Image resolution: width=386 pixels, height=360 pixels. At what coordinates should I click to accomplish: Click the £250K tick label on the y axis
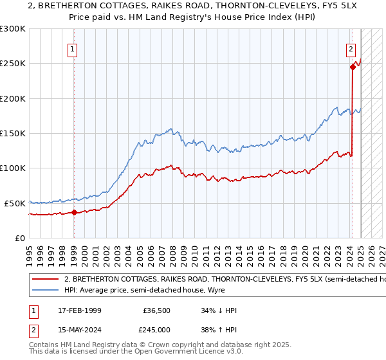pyautogui.click(x=13, y=64)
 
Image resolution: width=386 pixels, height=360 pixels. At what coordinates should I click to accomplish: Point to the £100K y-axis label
pyautogui.click(x=13, y=168)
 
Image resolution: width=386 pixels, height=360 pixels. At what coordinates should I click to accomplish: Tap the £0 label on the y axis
pyautogui.click(x=20, y=238)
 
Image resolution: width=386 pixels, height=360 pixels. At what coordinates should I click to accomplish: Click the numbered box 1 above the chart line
pyautogui.click(x=73, y=49)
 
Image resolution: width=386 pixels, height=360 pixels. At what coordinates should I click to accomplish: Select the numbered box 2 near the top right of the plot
pyautogui.click(x=351, y=49)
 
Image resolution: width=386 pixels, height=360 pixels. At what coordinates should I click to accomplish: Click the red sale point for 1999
pyautogui.click(x=74, y=212)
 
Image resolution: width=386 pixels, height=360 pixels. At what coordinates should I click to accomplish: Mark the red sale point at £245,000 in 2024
pyautogui.click(x=353, y=67)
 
